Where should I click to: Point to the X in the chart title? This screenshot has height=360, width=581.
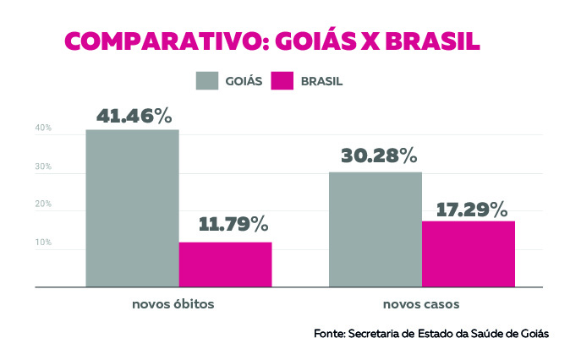click(x=369, y=42)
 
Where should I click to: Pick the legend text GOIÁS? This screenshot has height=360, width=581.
click(x=244, y=81)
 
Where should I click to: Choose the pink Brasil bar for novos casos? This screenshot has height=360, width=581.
click(x=469, y=254)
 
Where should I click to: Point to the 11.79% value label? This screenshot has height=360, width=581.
click(x=233, y=225)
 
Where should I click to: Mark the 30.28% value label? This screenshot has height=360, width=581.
click(x=379, y=156)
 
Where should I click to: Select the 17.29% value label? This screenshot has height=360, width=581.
click(x=472, y=208)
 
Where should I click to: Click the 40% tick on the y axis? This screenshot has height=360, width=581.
click(x=43, y=128)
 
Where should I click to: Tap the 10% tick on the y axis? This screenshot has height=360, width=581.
click(x=43, y=243)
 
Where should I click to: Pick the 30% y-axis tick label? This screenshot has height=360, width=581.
click(x=43, y=166)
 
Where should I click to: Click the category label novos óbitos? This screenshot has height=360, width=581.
click(x=178, y=303)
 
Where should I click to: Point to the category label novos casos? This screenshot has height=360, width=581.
click(x=421, y=303)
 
